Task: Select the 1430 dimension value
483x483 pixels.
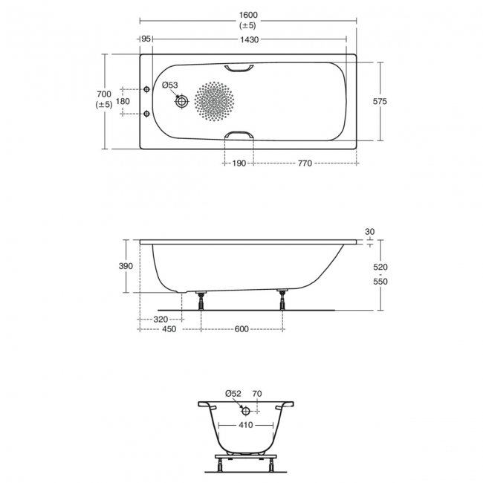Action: [x=249, y=39]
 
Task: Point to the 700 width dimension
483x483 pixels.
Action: [x=104, y=94]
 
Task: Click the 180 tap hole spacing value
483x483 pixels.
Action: [x=123, y=101]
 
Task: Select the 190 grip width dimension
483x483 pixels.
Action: [x=238, y=163]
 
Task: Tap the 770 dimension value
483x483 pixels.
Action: [x=304, y=163]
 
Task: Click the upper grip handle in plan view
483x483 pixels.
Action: [x=238, y=68]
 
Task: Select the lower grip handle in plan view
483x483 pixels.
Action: [x=238, y=135]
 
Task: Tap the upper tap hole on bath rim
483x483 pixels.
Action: [x=146, y=87]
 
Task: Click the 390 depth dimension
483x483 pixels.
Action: [x=126, y=266]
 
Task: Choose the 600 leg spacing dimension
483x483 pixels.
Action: [x=241, y=329]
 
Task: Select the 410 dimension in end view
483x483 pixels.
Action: [x=246, y=426]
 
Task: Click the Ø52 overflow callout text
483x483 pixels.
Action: [x=233, y=394]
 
